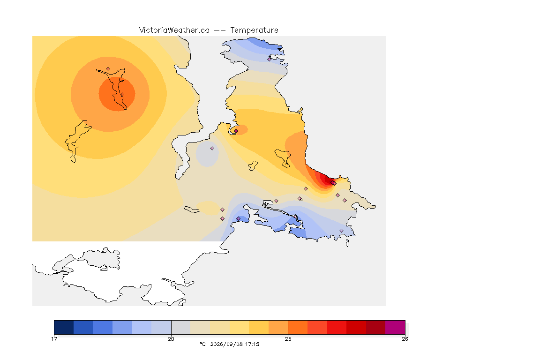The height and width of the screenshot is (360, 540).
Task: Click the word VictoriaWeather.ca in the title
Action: pos(174,30)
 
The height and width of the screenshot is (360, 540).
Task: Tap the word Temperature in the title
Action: pos(254,30)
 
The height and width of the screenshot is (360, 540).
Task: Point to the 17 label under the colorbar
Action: pos(54,339)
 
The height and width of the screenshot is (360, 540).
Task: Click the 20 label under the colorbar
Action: pos(171,339)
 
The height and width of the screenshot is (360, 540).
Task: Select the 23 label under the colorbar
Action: pos(288,339)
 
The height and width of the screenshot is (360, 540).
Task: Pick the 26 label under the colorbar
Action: pos(405,339)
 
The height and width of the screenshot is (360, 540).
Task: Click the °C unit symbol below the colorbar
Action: pos(202,344)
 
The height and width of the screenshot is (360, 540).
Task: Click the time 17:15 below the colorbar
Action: pos(252,344)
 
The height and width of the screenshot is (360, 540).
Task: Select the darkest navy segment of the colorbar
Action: pos(64,327)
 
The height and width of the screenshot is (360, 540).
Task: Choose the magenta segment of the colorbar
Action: pos(395,327)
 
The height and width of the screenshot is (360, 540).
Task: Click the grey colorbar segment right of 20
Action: pos(181,327)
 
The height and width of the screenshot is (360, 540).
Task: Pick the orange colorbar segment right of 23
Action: pos(298,327)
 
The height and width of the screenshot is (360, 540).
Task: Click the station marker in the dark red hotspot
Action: pos(333,183)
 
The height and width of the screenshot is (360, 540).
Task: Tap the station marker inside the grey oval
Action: pos(212,149)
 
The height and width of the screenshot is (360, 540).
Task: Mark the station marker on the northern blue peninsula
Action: pos(270,59)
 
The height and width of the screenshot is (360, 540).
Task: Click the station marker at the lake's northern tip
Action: pos(108,69)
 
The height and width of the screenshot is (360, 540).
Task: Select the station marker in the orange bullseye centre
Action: pos(122,94)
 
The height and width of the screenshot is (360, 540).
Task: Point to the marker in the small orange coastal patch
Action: pos(236,131)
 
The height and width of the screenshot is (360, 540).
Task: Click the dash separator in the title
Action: pos(220,30)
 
